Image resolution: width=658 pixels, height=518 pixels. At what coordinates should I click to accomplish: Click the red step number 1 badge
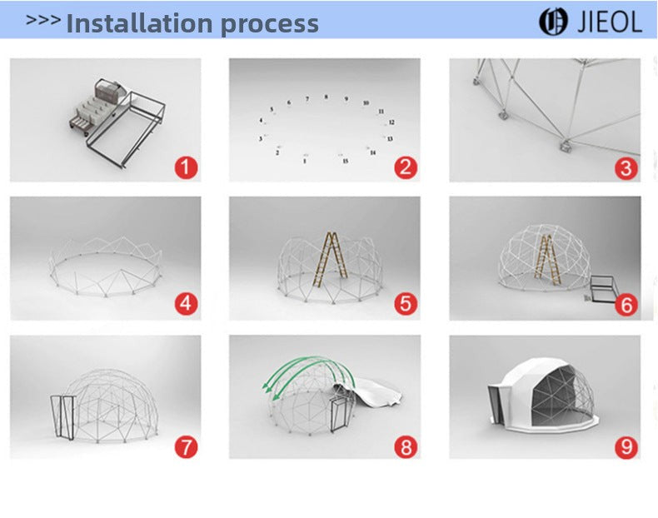(x=186, y=167)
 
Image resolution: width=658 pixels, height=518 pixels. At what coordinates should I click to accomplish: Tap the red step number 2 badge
(x=406, y=167)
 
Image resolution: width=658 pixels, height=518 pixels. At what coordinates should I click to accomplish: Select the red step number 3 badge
(x=626, y=168)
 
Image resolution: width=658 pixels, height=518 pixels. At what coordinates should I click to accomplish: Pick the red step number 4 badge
(x=186, y=303)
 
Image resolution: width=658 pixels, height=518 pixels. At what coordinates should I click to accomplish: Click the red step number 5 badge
(x=406, y=303)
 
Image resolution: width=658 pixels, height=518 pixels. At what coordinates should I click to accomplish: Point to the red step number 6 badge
(x=626, y=305)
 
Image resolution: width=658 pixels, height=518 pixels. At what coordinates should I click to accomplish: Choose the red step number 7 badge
(x=186, y=446)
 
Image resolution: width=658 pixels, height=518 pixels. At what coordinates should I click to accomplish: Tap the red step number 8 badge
(x=406, y=446)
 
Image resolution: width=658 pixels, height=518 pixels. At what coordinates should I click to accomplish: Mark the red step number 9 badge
(x=626, y=446)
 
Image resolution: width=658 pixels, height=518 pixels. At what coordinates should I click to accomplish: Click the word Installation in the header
(x=139, y=23)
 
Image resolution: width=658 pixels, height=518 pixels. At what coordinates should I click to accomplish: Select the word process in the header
(x=269, y=25)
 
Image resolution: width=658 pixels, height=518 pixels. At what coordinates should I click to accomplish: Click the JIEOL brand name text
(x=610, y=22)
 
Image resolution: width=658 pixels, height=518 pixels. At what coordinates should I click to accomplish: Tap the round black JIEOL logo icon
(x=553, y=22)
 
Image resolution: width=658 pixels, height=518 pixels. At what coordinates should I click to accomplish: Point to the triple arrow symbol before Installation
(x=42, y=20)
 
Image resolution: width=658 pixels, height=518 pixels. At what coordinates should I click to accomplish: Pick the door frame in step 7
(x=63, y=417)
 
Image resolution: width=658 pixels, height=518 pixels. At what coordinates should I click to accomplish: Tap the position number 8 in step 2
(x=326, y=97)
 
